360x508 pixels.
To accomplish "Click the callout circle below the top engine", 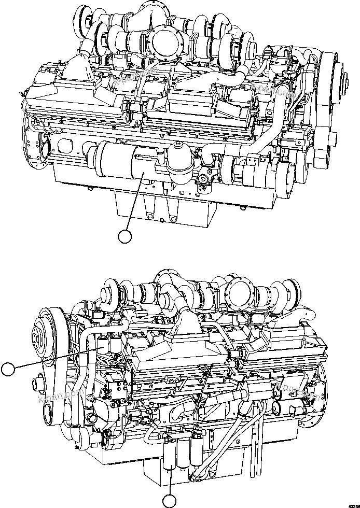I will coord(124,236).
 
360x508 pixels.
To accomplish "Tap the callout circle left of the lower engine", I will coord(8,369).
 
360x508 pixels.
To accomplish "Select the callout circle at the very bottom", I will coord(170,501).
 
